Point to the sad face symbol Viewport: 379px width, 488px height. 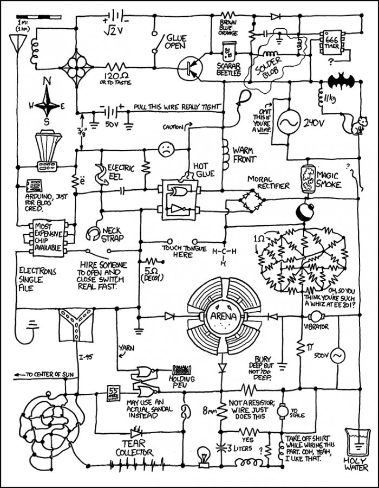click(x=165, y=149)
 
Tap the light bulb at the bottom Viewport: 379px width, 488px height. click(x=204, y=454)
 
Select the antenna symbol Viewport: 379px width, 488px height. click(x=16, y=44)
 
